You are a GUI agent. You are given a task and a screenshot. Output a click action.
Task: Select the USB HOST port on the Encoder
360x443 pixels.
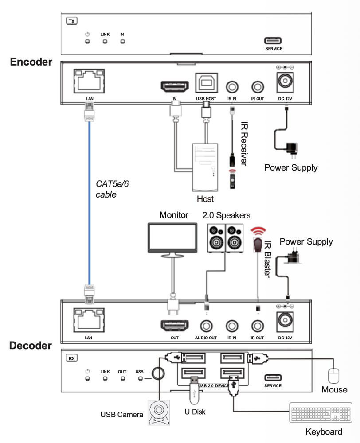pos(205,84)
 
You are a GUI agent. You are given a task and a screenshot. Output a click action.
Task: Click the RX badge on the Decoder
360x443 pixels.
pos(71,358)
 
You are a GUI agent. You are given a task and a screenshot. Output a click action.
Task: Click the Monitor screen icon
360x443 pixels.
pos(172,238)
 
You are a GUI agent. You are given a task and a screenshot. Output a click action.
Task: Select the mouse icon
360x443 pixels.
pos(334,376)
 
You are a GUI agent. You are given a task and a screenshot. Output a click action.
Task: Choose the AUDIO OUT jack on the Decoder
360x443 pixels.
pos(206,326)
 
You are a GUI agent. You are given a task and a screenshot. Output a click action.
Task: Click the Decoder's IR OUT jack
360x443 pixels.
pos(257,326)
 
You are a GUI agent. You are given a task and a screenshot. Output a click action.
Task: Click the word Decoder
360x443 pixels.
pos(31,345)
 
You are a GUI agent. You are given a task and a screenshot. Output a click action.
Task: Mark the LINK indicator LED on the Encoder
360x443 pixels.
pos(105,42)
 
